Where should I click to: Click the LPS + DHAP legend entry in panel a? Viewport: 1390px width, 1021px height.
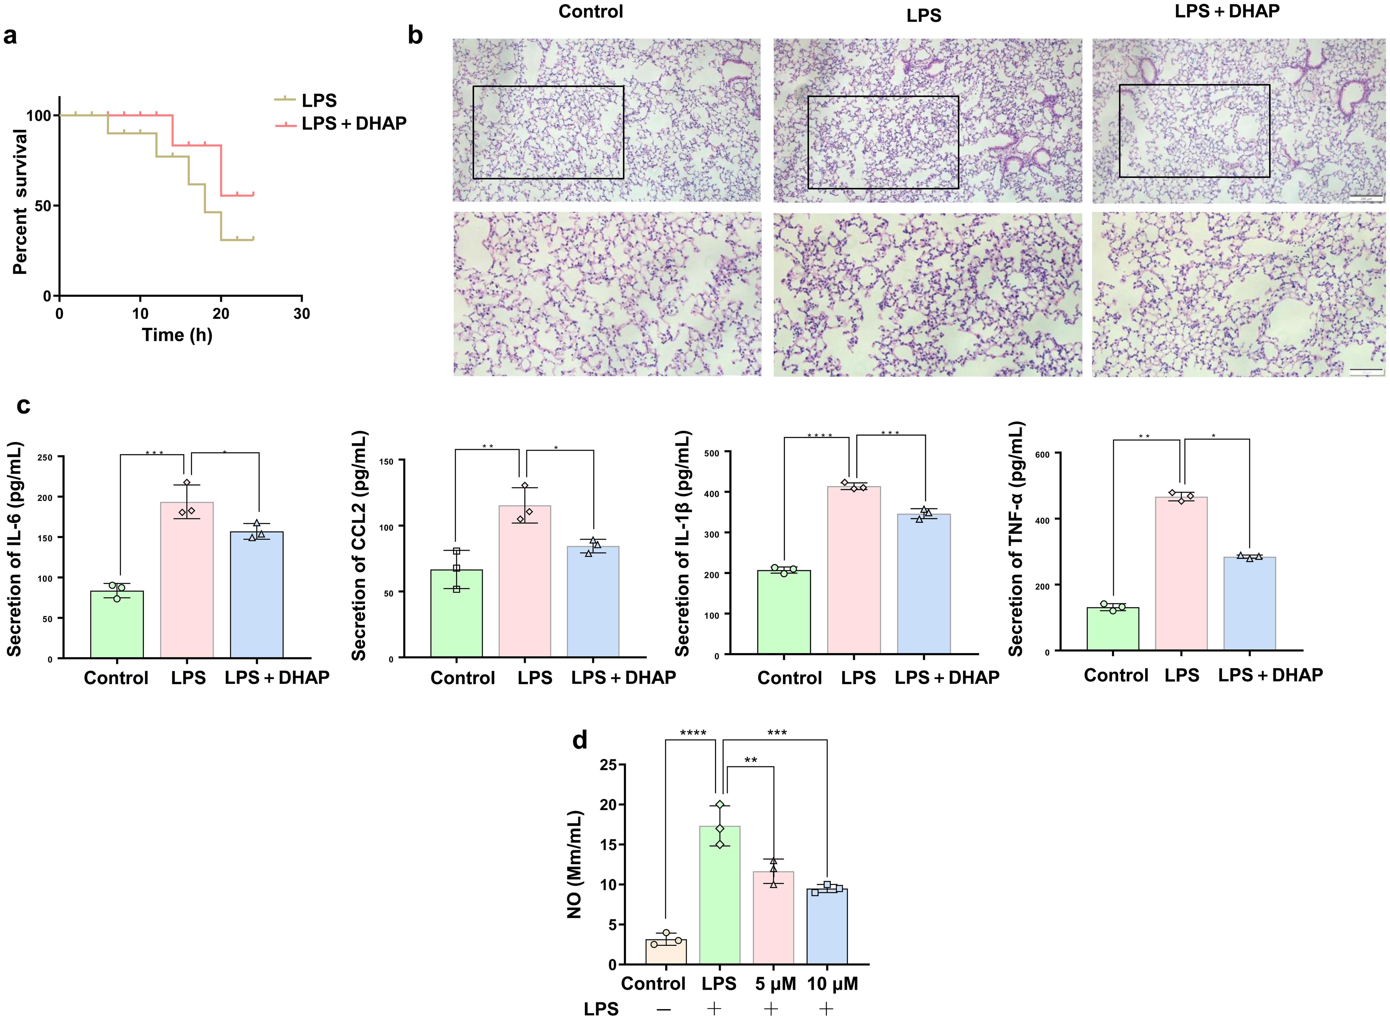coord(353,124)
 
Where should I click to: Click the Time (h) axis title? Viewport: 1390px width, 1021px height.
coord(177,335)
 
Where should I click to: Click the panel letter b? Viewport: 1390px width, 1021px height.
coord(415,36)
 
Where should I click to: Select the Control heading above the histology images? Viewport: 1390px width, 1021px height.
coord(590,12)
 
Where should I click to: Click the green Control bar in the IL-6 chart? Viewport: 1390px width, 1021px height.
coord(117,624)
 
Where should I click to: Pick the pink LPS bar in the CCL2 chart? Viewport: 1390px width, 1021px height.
coord(525,581)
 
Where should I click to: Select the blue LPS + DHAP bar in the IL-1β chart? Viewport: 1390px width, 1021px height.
coord(924,584)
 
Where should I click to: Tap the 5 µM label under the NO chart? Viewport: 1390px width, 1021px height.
coord(775,983)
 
